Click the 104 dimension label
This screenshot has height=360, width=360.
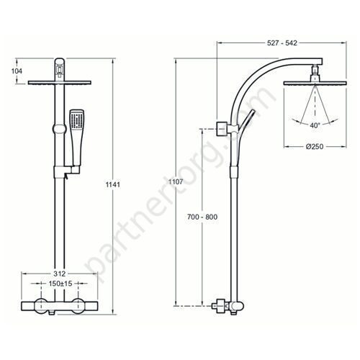tap(17, 71)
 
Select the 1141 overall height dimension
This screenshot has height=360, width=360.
tap(113, 184)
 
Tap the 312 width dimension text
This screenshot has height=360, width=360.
tap(59, 274)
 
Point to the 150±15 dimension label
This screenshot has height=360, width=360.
tap(60, 284)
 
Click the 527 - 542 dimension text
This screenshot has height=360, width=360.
tap(282, 43)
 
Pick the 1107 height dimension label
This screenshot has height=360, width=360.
tap(176, 181)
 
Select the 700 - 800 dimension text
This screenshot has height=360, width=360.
tap(202, 217)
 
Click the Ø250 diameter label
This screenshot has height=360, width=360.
tap(315, 146)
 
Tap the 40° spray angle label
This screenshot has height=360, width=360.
tap(315, 125)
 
